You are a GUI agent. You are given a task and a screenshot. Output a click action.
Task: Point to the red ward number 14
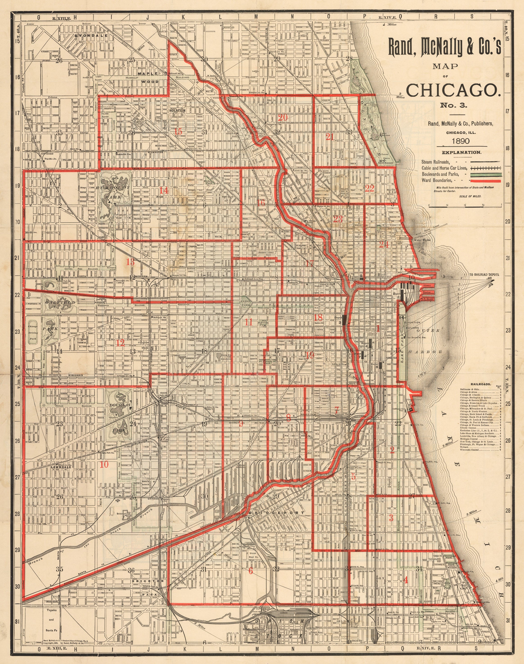(x=164, y=191)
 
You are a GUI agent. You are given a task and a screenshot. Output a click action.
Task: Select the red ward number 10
(x=104, y=464)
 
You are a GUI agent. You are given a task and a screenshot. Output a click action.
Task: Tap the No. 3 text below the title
(x=454, y=106)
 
